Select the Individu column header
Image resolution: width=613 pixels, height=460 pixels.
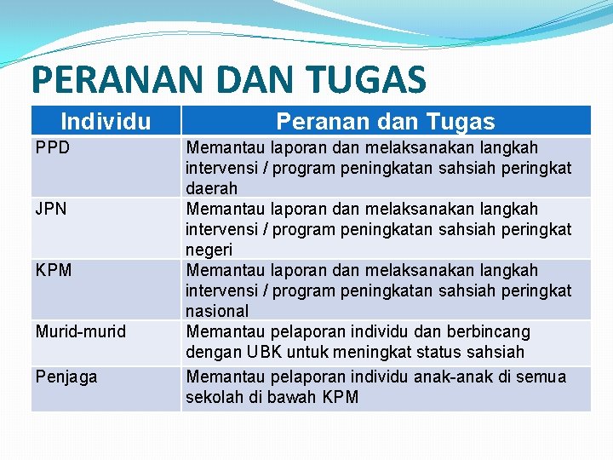tap(106, 122)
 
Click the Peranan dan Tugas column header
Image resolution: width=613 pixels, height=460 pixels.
tap(386, 122)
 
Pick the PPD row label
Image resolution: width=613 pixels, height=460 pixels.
tap(52, 147)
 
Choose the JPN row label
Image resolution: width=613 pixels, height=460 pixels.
tap(51, 209)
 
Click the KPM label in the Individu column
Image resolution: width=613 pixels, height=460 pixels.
tap(54, 270)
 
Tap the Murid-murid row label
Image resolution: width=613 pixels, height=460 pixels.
tap(80, 331)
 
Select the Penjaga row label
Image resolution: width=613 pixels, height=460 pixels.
tap(66, 377)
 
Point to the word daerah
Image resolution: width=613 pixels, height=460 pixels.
tap(212, 188)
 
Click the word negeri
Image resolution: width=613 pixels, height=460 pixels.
tap(209, 250)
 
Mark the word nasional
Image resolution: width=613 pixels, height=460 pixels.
tap(217, 311)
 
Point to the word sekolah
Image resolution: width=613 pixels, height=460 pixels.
tap(215, 397)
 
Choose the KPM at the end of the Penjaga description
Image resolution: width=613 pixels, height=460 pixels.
tap(341, 397)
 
